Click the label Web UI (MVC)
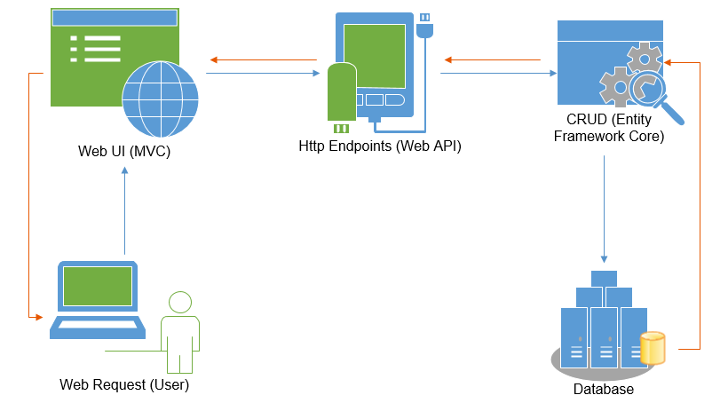(124, 152)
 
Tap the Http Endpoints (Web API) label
(380, 145)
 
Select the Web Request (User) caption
(124, 384)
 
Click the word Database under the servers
(604, 389)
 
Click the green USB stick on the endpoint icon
(341, 91)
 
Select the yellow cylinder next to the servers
(653, 348)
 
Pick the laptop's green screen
(97, 286)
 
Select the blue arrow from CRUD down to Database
(605, 209)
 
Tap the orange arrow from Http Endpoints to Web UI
(263, 60)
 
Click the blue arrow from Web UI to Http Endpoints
(263, 75)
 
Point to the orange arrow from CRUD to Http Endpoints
(493, 60)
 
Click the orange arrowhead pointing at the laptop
(38, 316)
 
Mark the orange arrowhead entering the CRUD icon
(669, 62)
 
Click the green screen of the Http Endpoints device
(374, 55)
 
